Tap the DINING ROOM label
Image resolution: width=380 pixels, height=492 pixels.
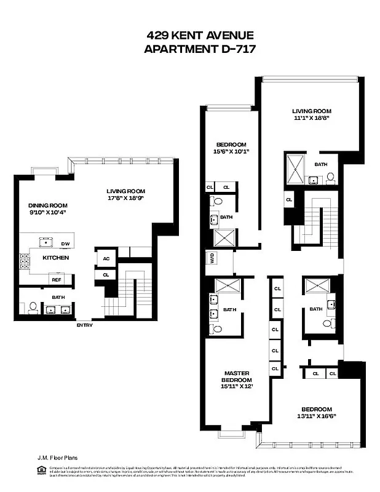[47, 205]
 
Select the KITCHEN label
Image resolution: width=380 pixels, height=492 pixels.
[55, 258]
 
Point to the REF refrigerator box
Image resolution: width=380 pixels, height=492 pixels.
[56, 279]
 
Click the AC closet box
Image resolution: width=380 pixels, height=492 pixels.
[106, 258]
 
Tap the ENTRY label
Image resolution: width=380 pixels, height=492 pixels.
[84, 325]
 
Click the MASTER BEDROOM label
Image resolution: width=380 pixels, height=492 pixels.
[236, 376]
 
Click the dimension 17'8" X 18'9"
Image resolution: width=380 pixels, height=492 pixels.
[126, 198]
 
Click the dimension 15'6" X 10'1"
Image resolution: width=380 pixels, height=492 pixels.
[231, 151]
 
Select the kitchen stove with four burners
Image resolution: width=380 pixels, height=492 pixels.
[25, 261]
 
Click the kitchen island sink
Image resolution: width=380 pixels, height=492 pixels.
[44, 240]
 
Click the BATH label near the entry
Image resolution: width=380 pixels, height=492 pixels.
[58, 296]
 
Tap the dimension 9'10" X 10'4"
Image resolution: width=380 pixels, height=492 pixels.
[47, 213]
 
